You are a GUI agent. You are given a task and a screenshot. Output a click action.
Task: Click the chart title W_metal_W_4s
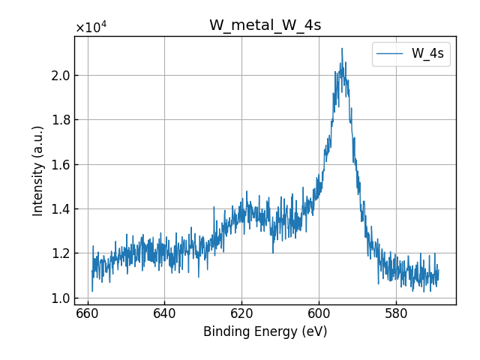pos(265,25)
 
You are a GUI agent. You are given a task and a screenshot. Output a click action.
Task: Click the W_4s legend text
pos(427,53)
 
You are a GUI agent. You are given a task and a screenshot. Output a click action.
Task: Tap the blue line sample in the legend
pos(391,54)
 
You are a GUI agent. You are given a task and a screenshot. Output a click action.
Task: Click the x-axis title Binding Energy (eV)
pos(265,331)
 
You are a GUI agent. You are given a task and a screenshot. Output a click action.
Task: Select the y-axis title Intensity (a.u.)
pos(38,170)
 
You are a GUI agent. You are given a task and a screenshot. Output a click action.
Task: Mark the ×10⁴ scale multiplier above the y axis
pos(91,28)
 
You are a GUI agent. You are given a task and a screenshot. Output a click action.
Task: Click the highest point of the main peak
pos(342,49)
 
